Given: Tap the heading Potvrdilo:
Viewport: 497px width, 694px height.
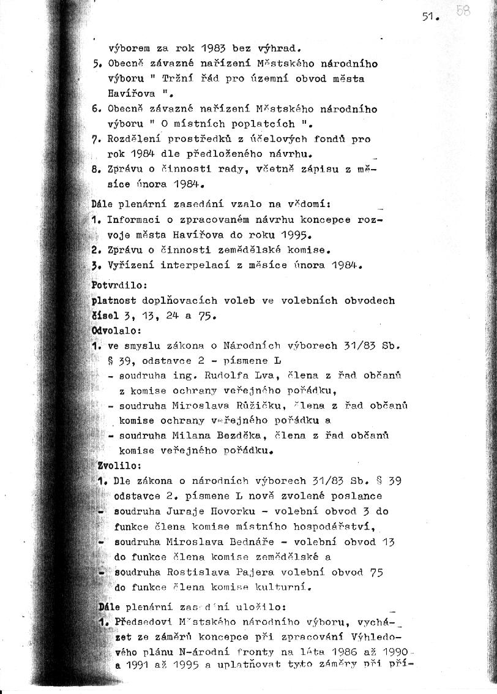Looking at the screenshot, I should [115, 285].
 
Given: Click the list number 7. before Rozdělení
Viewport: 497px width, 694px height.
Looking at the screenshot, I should [96, 139].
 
